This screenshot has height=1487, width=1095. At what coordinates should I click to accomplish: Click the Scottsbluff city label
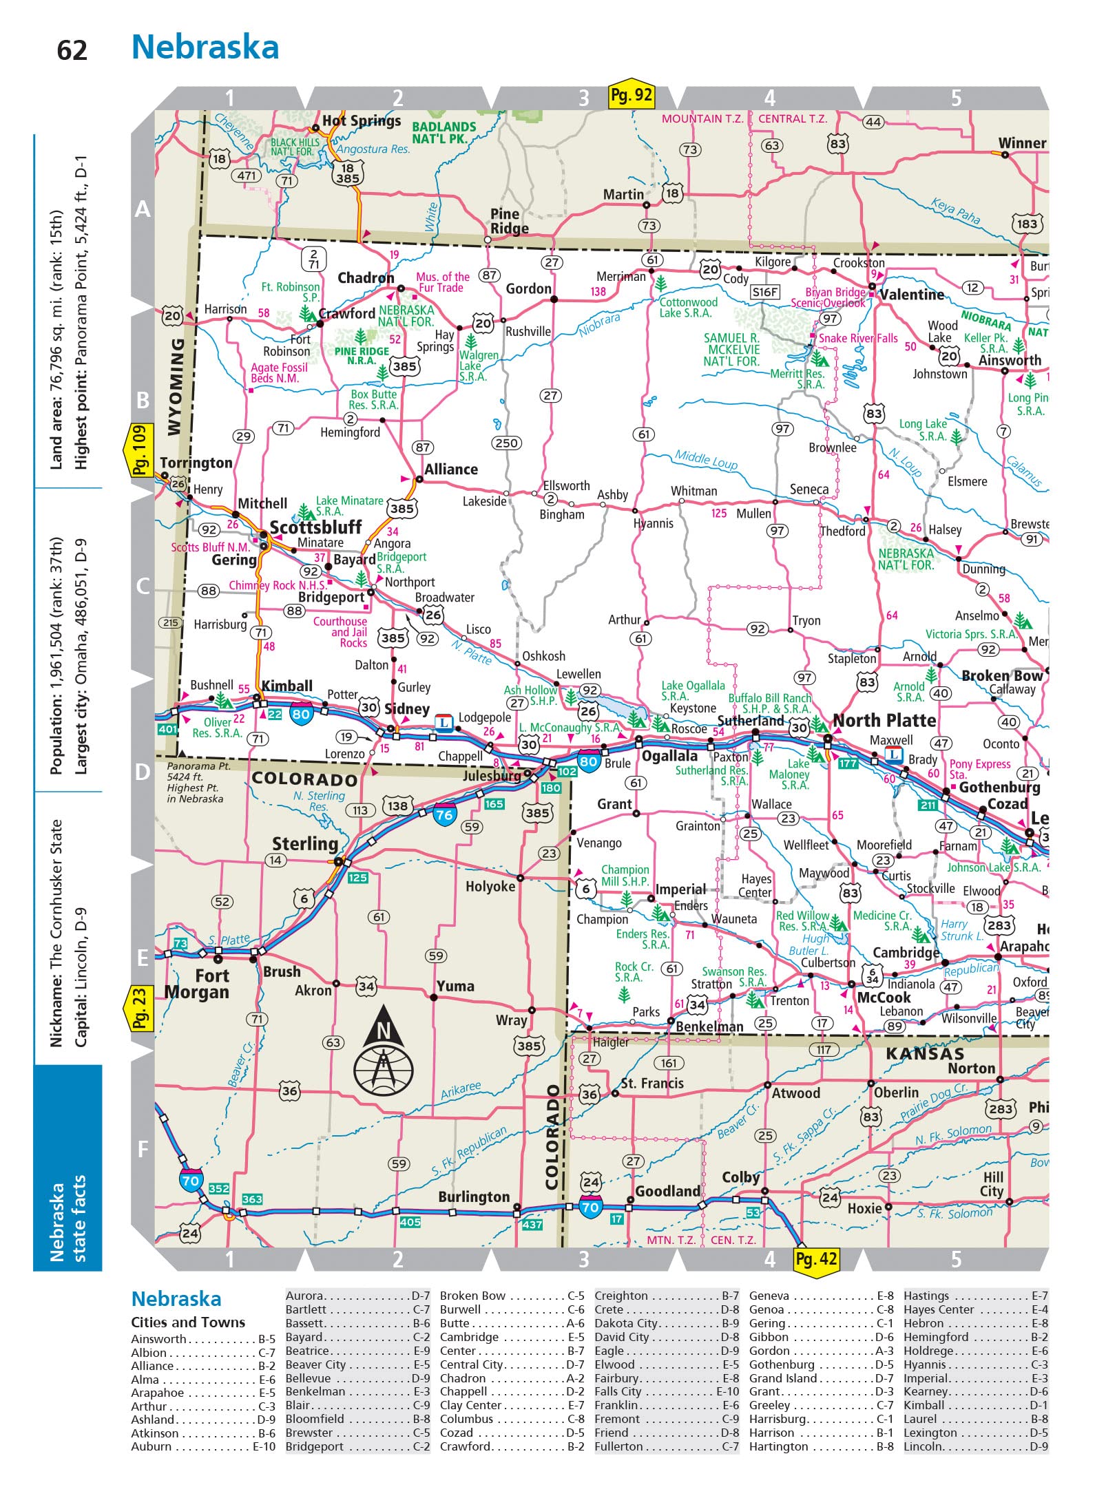[x=315, y=527]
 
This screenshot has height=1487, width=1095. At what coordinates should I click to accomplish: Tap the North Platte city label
[x=884, y=721]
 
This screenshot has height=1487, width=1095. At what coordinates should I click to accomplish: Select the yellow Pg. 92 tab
[x=631, y=95]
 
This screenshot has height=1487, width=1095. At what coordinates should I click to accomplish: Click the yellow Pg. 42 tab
[x=817, y=1259]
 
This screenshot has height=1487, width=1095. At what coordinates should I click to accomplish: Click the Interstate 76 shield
[x=444, y=814]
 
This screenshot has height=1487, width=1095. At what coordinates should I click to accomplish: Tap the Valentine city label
[x=912, y=295]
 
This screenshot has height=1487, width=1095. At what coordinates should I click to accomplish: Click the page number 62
[x=72, y=51]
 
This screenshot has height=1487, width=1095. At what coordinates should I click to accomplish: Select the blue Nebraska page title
[x=205, y=48]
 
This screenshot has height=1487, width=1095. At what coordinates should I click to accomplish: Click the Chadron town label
[x=366, y=278]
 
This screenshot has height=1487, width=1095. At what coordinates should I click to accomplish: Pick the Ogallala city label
[x=669, y=756]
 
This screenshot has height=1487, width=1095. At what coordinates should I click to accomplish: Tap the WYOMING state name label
[x=176, y=386]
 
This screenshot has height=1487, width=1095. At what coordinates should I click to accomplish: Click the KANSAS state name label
[x=924, y=1053]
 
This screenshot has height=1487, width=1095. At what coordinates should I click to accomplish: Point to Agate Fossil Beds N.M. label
[x=279, y=373]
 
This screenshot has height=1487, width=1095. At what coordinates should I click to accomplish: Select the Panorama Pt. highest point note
[x=195, y=782]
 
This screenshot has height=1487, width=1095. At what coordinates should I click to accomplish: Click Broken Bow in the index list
[x=472, y=1296]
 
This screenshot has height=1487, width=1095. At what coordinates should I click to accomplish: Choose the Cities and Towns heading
[x=188, y=1322]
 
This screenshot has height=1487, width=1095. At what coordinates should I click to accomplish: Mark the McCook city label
[x=884, y=998]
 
